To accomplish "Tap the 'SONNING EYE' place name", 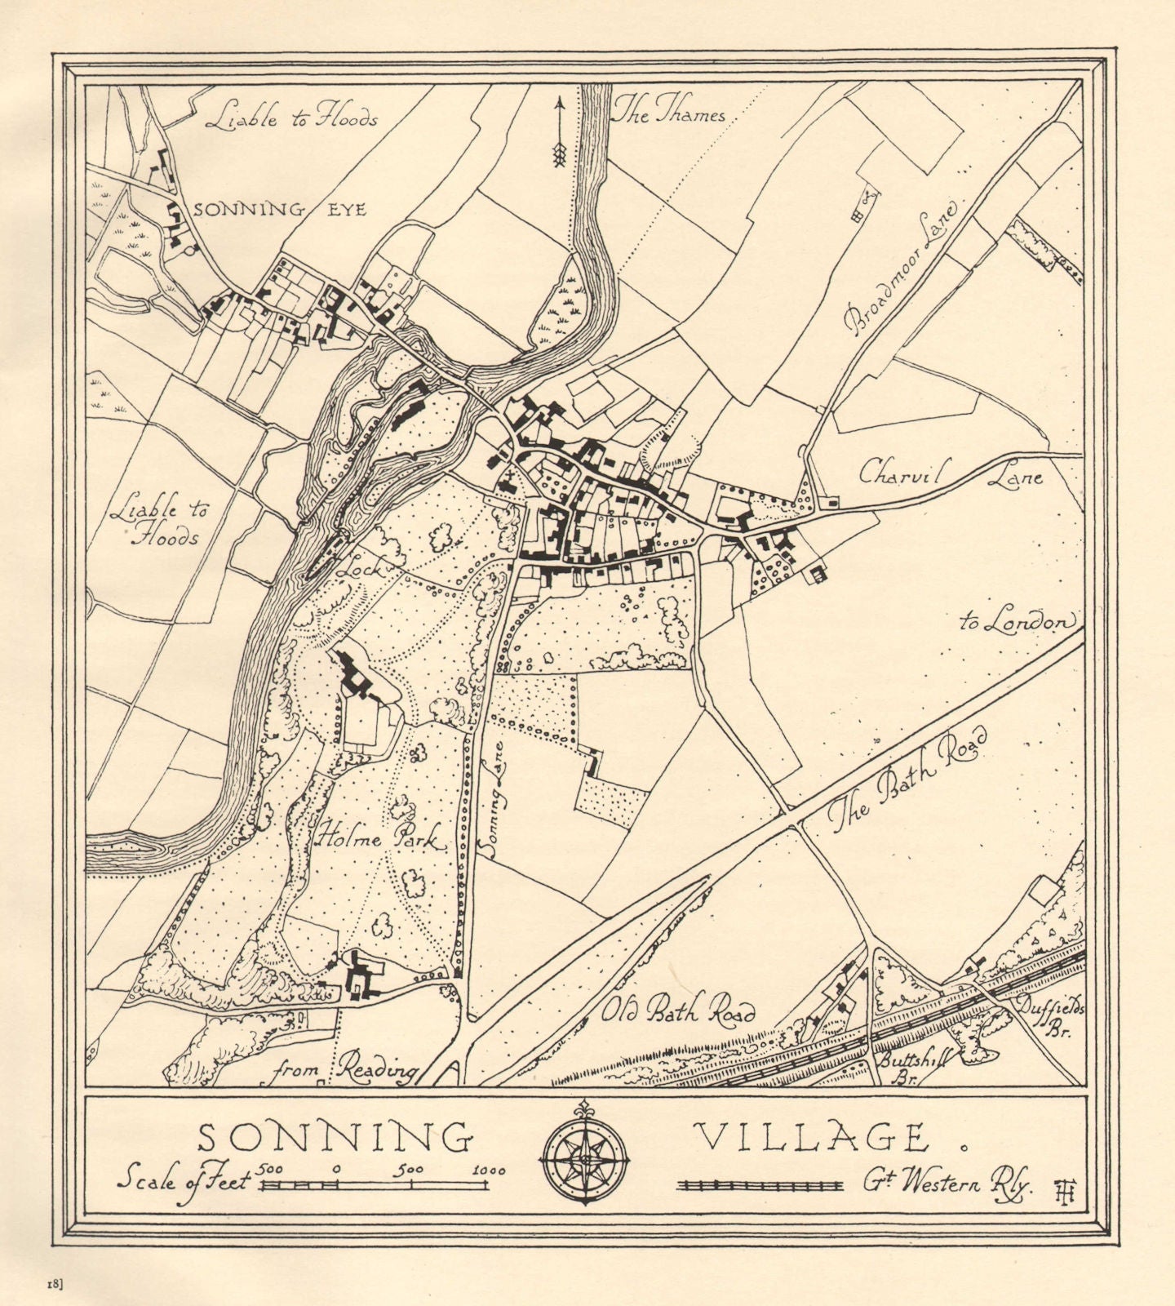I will point(280,209).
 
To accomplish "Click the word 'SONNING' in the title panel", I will point(336,1137).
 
